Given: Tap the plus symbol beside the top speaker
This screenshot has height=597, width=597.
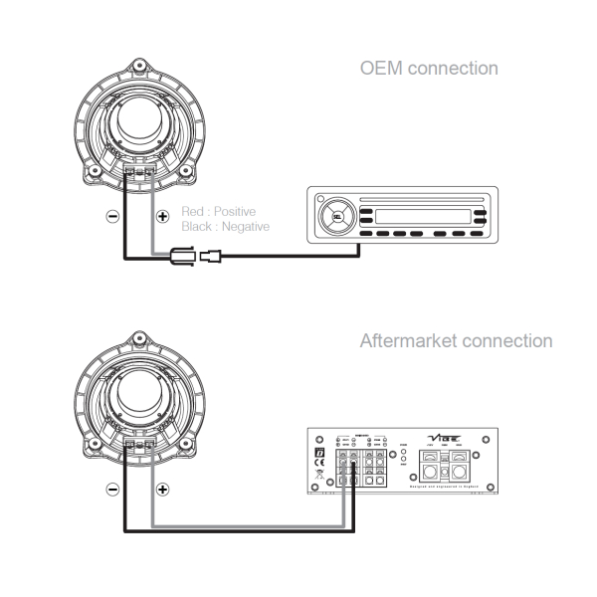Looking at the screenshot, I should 163,216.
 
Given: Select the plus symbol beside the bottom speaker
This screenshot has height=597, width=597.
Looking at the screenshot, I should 163,490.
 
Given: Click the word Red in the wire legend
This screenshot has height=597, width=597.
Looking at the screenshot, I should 193,212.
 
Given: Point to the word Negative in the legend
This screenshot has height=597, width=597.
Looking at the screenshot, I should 244,227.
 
